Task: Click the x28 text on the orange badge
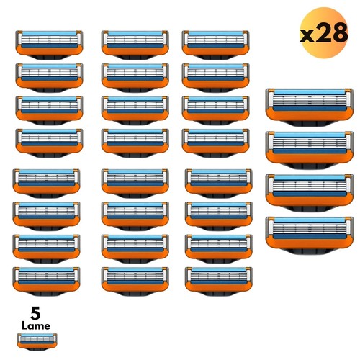click(324, 33)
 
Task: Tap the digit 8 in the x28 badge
click(339, 32)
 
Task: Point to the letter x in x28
click(307, 36)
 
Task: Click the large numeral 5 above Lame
click(35, 313)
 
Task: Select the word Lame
click(36, 326)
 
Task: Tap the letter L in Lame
click(24, 325)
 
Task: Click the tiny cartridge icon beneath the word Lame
click(37, 341)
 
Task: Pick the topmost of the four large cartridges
click(310, 107)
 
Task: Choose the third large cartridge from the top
click(310, 193)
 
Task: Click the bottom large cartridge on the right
click(310, 235)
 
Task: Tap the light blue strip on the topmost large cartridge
click(310, 92)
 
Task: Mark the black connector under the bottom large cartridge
click(310, 251)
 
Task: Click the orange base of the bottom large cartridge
click(310, 243)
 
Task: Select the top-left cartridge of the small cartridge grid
click(49, 45)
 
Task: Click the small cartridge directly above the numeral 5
click(46, 282)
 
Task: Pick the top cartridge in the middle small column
click(135, 45)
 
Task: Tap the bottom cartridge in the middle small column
click(135, 282)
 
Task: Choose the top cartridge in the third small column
click(216, 45)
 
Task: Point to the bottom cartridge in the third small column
click(219, 282)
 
